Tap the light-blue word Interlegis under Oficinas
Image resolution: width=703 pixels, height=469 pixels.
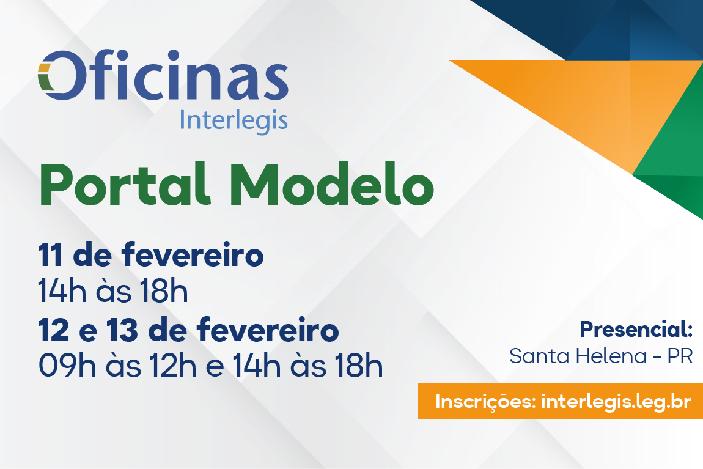tap(234, 120)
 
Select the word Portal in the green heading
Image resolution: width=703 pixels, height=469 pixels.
tap(125, 185)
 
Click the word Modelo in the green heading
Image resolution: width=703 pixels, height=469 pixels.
tap(332, 184)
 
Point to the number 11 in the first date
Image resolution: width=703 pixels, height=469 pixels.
tap(50, 255)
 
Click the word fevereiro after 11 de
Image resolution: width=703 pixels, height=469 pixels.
tap(193, 254)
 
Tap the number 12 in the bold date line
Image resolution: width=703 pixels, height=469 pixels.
tap(53, 330)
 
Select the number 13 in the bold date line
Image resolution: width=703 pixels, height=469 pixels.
tap(122, 330)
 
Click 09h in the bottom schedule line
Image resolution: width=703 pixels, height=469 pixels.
tap(67, 366)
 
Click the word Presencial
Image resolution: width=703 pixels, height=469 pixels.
tap(636, 330)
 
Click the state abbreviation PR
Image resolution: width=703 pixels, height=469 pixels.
tap(680, 356)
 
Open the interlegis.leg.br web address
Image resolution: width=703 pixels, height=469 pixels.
tap(616, 402)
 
